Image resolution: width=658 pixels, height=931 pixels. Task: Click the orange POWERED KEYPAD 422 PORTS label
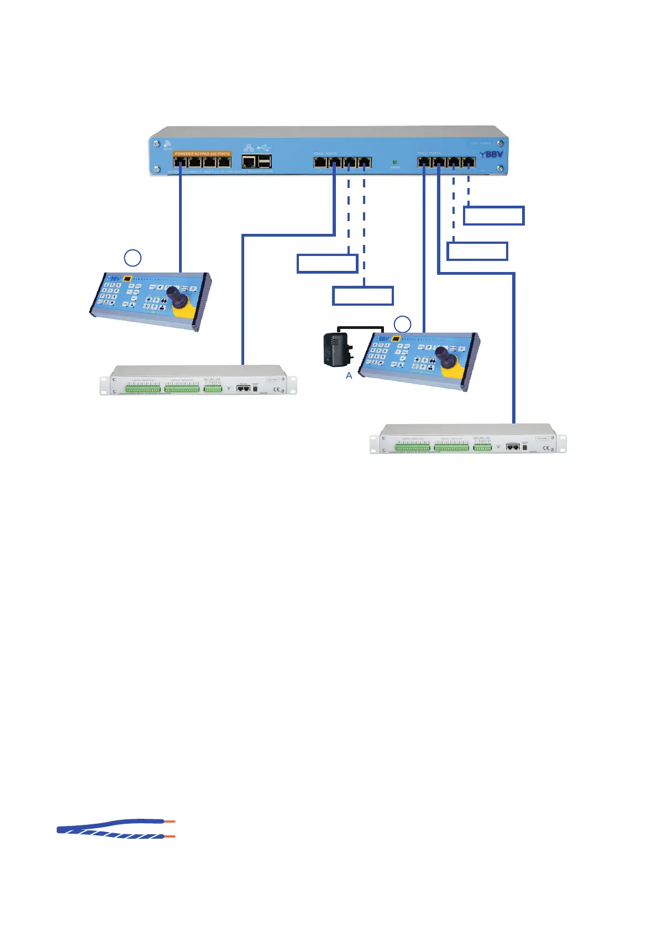coord(202,154)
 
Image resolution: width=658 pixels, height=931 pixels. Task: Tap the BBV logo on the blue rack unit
coord(491,154)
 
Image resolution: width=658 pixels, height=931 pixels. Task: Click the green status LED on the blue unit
coord(394,163)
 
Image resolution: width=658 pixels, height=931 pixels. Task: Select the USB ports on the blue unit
coord(265,161)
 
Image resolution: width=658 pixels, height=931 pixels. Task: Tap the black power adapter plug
coord(335,349)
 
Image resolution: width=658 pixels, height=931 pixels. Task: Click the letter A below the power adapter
coord(349,376)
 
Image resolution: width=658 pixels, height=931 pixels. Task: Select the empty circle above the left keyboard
coord(132,258)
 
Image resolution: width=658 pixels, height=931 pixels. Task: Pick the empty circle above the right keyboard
coord(402,325)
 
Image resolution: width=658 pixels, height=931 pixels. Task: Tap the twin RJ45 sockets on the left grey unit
coord(243,389)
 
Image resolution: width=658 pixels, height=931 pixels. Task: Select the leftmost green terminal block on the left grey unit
coord(143,389)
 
